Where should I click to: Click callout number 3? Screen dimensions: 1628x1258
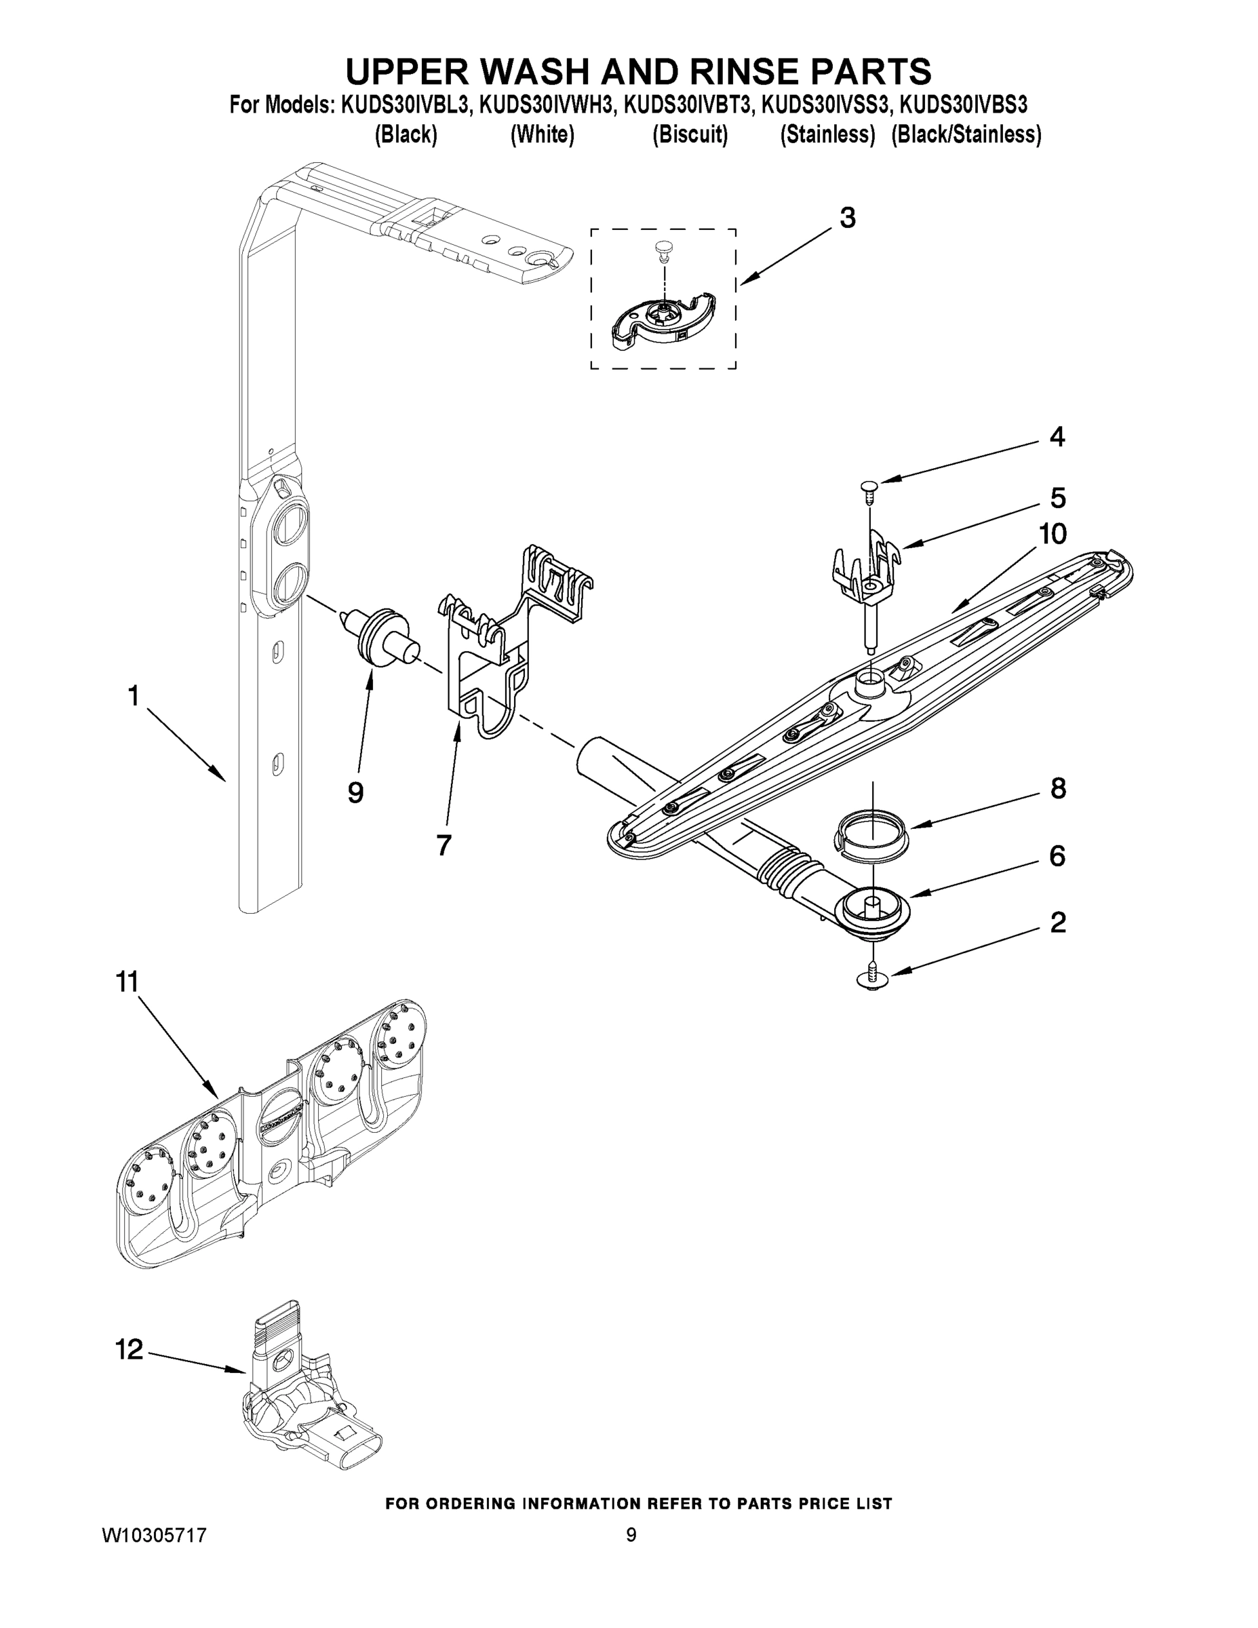847,218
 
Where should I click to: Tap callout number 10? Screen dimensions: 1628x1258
1053,534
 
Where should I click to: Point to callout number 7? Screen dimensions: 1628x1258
444,845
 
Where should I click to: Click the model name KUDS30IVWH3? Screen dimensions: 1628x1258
548,105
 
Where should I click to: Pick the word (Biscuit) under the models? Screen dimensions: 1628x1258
690,135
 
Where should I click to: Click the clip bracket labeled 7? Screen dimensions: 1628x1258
492,656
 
